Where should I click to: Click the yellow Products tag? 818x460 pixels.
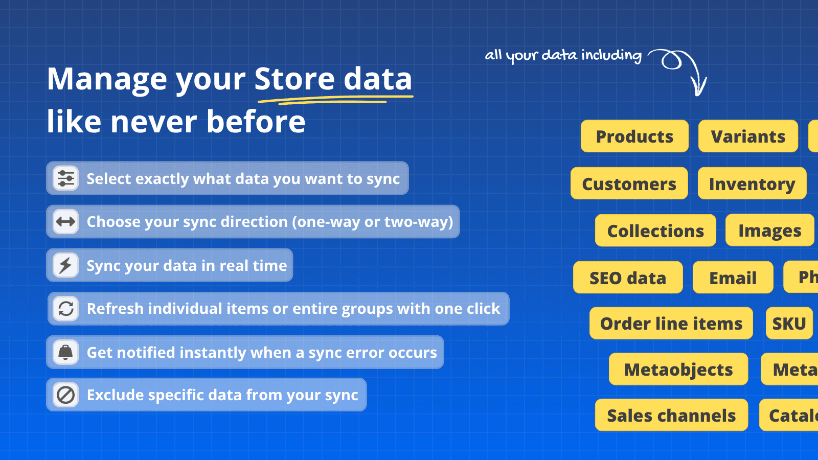click(x=634, y=136)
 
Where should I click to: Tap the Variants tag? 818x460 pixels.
click(x=748, y=136)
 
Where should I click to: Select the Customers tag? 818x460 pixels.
click(x=629, y=183)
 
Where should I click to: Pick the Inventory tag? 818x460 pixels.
click(x=752, y=183)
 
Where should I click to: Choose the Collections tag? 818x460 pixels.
click(x=655, y=231)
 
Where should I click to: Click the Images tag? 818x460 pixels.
click(x=769, y=231)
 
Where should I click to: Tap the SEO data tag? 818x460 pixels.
click(x=628, y=278)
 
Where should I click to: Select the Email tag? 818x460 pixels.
click(x=733, y=278)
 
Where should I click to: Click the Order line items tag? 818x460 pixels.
click(x=671, y=324)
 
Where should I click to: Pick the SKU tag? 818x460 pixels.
click(x=789, y=324)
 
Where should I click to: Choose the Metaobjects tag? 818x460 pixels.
click(x=678, y=369)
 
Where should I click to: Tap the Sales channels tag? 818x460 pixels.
click(x=671, y=415)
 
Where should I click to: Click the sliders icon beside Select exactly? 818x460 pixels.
click(x=66, y=178)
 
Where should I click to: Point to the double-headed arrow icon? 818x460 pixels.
click(x=66, y=222)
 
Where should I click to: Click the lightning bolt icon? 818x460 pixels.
click(x=66, y=265)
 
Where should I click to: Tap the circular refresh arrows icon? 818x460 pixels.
click(x=66, y=309)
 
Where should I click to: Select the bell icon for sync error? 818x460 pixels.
click(x=66, y=352)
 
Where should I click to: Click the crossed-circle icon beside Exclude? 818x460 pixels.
click(x=66, y=395)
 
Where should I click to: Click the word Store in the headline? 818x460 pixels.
click(x=294, y=79)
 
